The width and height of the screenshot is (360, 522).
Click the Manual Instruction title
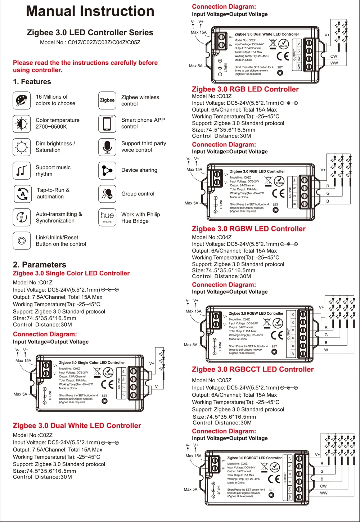click(x=90, y=11)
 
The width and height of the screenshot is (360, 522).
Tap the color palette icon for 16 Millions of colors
click(x=21, y=100)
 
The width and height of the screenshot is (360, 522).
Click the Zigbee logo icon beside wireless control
click(x=107, y=100)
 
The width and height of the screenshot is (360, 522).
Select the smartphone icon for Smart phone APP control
click(x=107, y=123)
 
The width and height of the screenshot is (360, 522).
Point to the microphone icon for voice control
click(x=107, y=147)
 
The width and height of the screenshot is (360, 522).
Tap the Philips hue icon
click(x=107, y=217)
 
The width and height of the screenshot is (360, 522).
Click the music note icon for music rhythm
click(x=21, y=170)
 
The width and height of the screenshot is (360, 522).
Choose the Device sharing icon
click(x=107, y=170)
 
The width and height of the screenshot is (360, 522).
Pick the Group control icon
click(x=107, y=194)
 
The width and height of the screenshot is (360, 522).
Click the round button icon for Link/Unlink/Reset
click(x=21, y=240)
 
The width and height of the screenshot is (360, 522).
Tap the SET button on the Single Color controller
click(x=104, y=401)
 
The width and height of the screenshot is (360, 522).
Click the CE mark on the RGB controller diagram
click(x=278, y=194)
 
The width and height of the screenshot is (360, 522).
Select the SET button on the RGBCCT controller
click(x=271, y=495)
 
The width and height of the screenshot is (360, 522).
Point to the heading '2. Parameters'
click(x=40, y=265)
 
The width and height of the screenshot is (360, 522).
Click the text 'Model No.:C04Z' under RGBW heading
click(x=212, y=237)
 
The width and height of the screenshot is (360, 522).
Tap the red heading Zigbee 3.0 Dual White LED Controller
click(x=77, y=426)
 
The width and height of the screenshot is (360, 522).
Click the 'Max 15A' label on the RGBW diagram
click(x=193, y=311)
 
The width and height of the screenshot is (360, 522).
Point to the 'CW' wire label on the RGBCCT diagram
click(x=323, y=486)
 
